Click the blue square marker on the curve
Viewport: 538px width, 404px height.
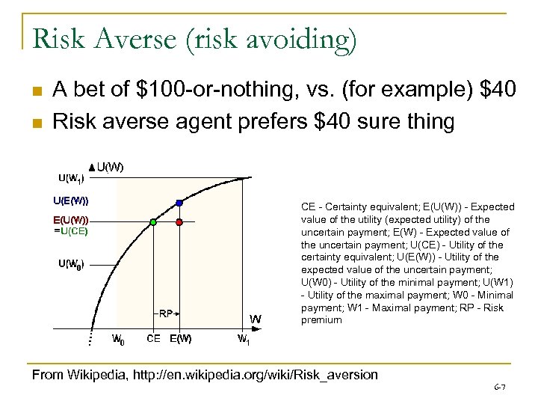pyautogui.click(x=179, y=202)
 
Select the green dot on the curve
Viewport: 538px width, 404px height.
pyautogui.click(x=153, y=222)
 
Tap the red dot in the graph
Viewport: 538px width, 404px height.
pyautogui.click(x=179, y=222)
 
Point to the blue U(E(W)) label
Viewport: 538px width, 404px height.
pyautogui.click(x=70, y=201)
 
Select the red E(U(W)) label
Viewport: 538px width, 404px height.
pyautogui.click(x=70, y=220)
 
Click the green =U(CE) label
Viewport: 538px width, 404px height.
pyautogui.click(x=71, y=231)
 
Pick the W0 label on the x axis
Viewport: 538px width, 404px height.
pyautogui.click(x=118, y=339)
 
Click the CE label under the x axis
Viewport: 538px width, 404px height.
pyautogui.click(x=153, y=339)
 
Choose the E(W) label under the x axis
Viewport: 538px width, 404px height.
pyautogui.click(x=180, y=339)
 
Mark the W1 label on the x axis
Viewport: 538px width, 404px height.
pyautogui.click(x=244, y=339)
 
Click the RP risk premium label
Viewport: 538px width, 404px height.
pyautogui.click(x=166, y=313)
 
